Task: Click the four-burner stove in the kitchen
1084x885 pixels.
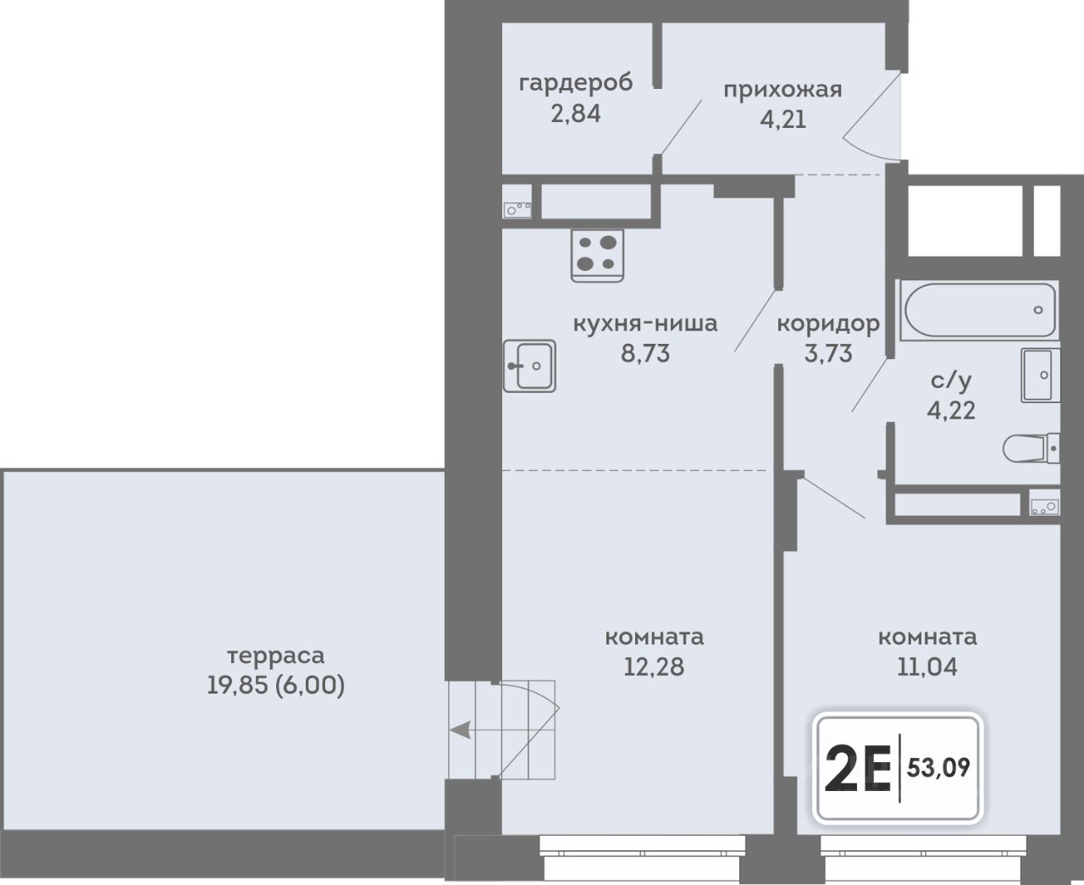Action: point(597,256)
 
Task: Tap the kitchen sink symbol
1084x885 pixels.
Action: point(529,366)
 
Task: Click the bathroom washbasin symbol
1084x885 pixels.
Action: point(1040,375)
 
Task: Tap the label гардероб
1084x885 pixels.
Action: point(576,83)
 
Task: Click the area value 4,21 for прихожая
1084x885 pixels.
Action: point(783,119)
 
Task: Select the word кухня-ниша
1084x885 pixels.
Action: point(645,324)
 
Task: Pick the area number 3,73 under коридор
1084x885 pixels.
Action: point(828,354)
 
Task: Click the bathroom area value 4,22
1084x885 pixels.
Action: point(951,410)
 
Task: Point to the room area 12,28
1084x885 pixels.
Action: point(654,667)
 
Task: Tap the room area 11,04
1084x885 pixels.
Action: point(927,667)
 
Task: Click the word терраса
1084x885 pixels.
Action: point(276,655)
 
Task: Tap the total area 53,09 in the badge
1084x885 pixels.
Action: point(938,768)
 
